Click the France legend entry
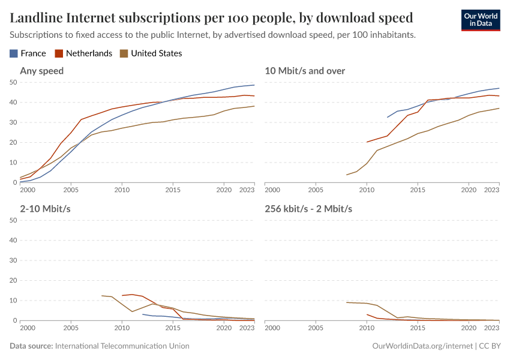pos(28,53)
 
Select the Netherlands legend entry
pos(83,53)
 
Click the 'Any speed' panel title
pos(42,71)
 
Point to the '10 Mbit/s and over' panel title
pos(305,71)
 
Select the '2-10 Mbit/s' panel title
pos(44,209)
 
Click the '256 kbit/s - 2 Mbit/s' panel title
pos(308,209)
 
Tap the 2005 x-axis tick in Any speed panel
pos(71,190)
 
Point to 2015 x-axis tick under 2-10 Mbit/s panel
pos(173,328)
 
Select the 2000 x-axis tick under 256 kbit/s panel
pos(273,328)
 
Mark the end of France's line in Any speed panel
pos(254,85)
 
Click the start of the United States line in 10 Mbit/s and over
pos(347,175)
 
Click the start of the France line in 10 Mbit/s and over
pos(387,117)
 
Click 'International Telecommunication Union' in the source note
pos(122,346)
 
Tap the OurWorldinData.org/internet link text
pos(422,346)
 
